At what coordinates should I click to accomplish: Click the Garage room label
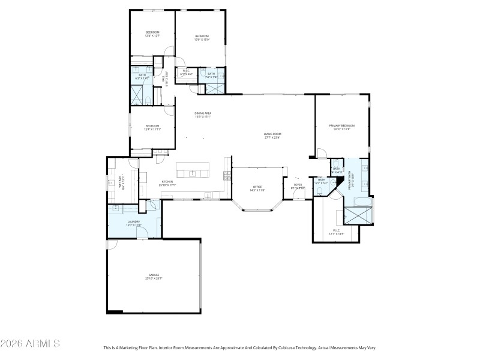(x=154, y=275)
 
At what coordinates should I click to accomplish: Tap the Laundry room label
(x=133, y=221)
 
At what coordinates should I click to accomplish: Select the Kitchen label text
(x=167, y=182)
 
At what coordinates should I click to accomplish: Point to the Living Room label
(x=272, y=134)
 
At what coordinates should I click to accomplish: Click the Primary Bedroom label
(x=342, y=125)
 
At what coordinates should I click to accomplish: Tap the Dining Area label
(x=203, y=113)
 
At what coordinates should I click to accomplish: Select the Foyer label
(x=298, y=185)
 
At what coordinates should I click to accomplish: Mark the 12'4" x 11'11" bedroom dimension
(x=152, y=130)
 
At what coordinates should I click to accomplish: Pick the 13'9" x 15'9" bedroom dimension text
(x=202, y=40)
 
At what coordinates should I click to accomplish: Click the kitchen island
(x=192, y=170)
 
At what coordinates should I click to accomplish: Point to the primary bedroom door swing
(x=322, y=154)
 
